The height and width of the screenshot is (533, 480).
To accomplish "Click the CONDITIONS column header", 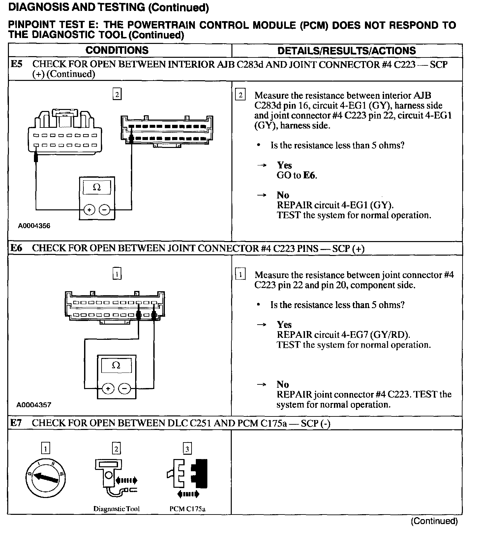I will [x=117, y=51].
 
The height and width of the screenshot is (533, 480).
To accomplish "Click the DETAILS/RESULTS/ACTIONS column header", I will [x=346, y=51].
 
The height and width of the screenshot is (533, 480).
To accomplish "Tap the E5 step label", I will [x=16, y=64].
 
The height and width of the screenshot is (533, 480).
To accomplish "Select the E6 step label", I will [x=16, y=248].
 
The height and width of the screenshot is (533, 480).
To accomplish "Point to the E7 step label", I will [x=16, y=423].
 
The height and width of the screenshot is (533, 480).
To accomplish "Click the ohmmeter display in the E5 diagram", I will [x=97, y=188].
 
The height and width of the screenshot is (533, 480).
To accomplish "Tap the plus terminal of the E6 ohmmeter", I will [x=108, y=389].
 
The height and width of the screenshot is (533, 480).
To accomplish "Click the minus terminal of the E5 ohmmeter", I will [x=105, y=209].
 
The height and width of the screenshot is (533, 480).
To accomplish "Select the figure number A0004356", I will [x=34, y=226].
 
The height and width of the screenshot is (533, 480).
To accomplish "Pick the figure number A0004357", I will [x=34, y=405].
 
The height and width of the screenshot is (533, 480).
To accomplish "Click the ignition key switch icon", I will [x=45, y=478].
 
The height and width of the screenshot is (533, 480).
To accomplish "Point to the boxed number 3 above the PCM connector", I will [x=187, y=449].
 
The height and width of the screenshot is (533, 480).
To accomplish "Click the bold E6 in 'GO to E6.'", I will [x=309, y=175].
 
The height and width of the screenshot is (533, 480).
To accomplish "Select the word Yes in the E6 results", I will [x=284, y=325].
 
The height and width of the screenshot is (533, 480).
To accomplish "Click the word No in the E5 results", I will [x=283, y=195].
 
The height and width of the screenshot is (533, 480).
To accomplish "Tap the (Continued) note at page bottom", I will [x=434, y=521].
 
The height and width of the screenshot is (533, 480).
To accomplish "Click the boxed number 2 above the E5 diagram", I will [x=117, y=95].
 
